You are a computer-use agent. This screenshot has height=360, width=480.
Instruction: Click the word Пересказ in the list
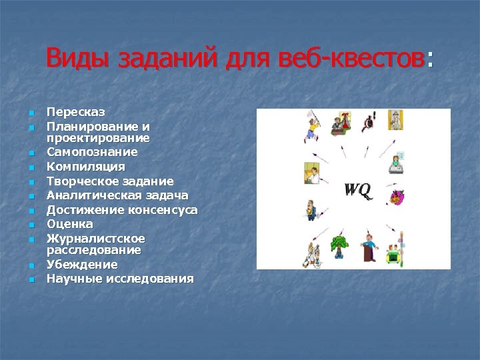point(75,111)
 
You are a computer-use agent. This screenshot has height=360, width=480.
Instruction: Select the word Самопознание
point(92,152)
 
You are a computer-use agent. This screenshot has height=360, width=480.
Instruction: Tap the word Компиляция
point(85,166)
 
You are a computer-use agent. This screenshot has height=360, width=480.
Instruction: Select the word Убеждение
point(82,265)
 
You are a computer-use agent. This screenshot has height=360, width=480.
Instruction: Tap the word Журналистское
point(95,238)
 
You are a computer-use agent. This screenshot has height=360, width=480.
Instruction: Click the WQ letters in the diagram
point(358,189)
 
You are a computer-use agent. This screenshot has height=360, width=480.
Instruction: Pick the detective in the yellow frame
point(395,120)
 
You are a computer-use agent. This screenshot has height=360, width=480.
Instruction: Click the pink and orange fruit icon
point(397,197)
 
